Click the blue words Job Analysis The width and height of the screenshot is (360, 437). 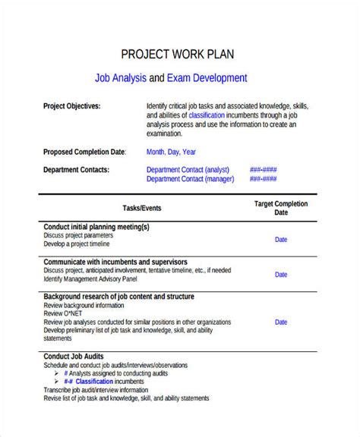tap(120, 77)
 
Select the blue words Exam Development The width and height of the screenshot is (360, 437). tap(207, 77)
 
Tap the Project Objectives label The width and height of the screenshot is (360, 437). tap(71, 106)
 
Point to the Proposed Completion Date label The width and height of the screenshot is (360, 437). tap(84, 152)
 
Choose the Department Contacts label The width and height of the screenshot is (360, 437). tap(76, 170)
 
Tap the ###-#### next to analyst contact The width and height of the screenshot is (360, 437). tap(263, 170)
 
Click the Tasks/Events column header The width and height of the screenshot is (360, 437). tap(142, 208)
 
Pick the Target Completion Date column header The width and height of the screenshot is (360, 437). tap(281, 208)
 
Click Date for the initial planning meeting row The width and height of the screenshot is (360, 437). tap(281, 240)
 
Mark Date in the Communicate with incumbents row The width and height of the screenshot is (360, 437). tap(281, 275)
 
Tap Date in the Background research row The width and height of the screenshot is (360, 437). tap(281, 322)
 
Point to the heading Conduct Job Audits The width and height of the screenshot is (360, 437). tap(74, 356)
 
